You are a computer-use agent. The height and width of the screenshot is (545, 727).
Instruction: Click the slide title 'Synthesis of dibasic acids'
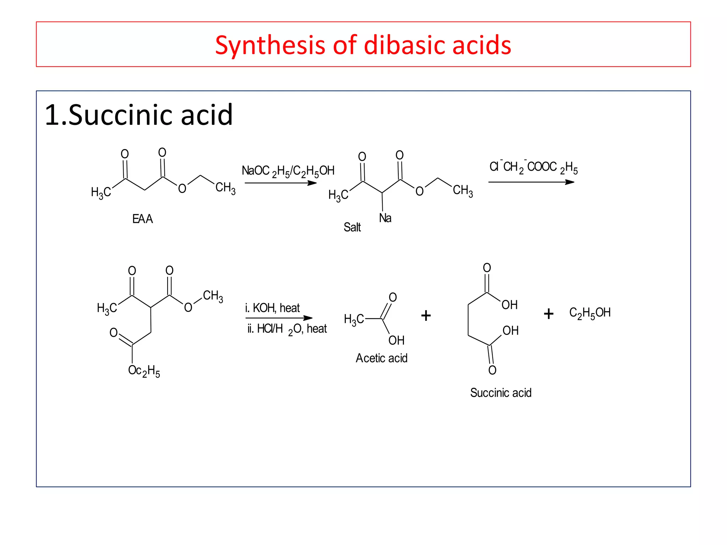pyautogui.click(x=363, y=45)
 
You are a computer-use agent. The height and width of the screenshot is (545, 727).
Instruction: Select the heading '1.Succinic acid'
pyautogui.click(x=138, y=115)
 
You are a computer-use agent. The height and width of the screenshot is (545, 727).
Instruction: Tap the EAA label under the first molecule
pyautogui.click(x=142, y=219)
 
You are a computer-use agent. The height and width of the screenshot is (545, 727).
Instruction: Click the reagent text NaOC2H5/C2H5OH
pyautogui.click(x=288, y=171)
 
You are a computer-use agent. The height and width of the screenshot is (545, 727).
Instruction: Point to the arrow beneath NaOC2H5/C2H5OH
pyautogui.click(x=280, y=183)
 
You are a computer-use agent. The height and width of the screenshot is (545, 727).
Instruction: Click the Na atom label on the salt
pyautogui.click(x=385, y=218)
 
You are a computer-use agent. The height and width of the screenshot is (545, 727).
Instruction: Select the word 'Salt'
pyautogui.click(x=352, y=227)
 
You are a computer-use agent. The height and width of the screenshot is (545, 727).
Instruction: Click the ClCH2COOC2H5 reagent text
pyautogui.click(x=533, y=167)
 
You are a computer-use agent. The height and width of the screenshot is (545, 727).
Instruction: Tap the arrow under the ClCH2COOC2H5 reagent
pyautogui.click(x=531, y=182)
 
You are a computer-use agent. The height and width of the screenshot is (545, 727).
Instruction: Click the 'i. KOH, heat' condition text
pyautogui.click(x=272, y=308)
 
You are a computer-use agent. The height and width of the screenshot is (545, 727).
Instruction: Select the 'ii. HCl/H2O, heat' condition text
pyautogui.click(x=287, y=329)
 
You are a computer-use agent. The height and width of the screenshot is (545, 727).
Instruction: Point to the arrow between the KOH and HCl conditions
pyautogui.click(x=279, y=318)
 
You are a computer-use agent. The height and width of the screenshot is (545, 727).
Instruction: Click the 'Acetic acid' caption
pyautogui.click(x=382, y=358)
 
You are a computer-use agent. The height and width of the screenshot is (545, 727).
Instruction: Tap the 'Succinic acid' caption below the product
pyautogui.click(x=501, y=393)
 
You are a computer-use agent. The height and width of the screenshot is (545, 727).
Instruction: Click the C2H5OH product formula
pyautogui.click(x=590, y=313)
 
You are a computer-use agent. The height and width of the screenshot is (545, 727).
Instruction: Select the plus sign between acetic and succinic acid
pyautogui.click(x=426, y=315)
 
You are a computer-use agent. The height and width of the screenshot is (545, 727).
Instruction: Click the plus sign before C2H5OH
pyautogui.click(x=548, y=314)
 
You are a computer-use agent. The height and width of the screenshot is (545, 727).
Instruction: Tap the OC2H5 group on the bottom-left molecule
pyautogui.click(x=144, y=371)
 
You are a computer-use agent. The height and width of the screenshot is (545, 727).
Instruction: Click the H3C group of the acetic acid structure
pyautogui.click(x=354, y=319)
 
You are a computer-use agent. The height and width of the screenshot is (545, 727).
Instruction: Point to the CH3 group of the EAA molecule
pyautogui.click(x=225, y=188)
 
